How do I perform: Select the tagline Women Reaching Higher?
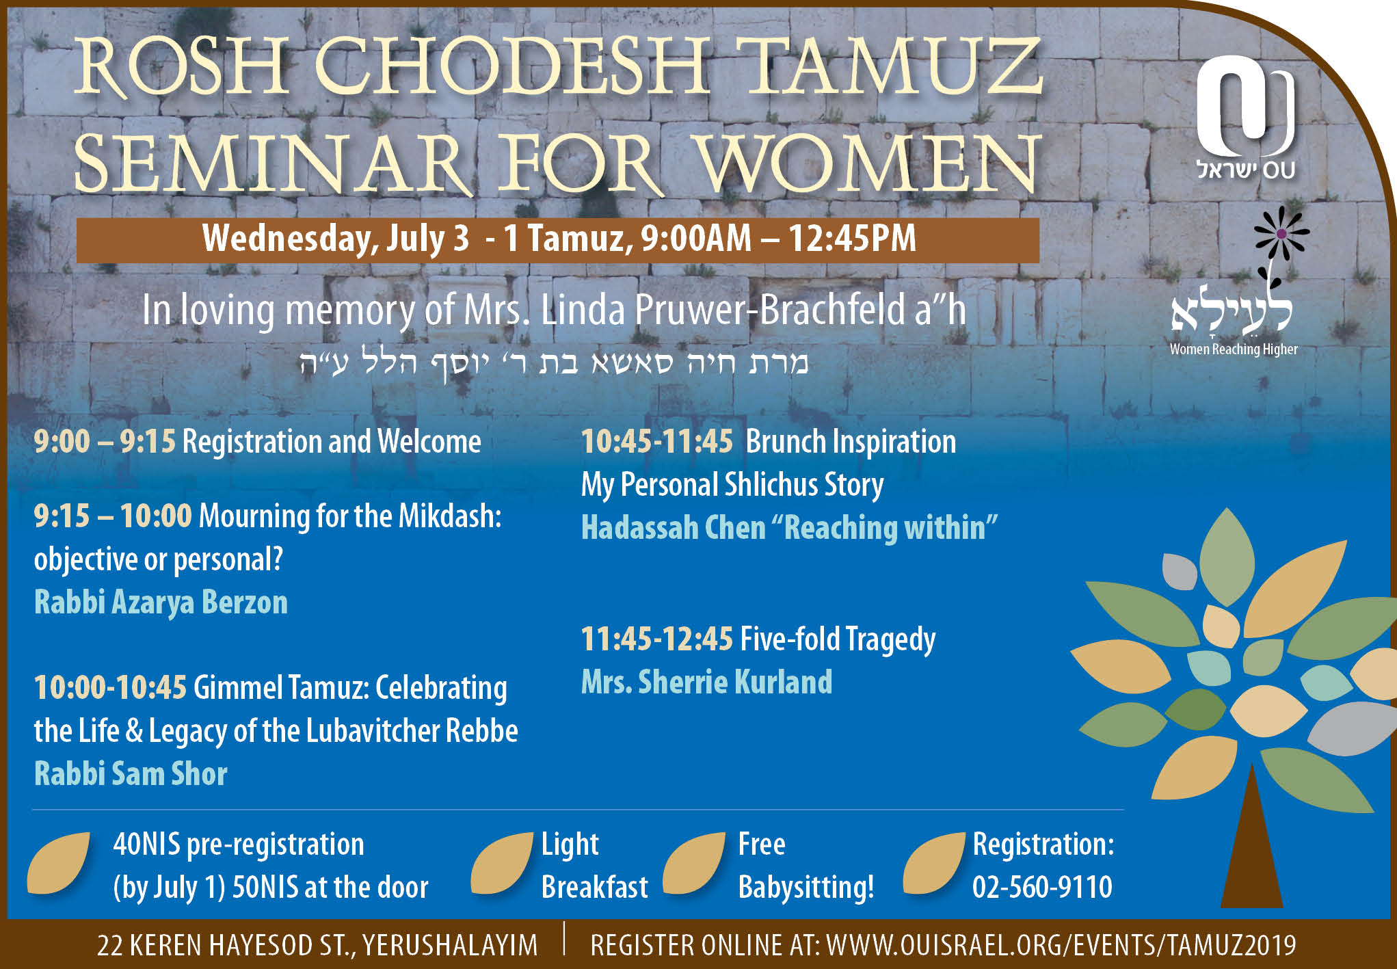[x=1234, y=349]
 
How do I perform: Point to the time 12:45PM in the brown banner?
[x=852, y=238]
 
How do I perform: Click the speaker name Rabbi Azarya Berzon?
[x=161, y=602]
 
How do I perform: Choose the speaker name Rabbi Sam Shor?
[x=131, y=773]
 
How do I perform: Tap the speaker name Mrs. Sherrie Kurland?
[x=706, y=682]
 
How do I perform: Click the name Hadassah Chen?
[x=673, y=528]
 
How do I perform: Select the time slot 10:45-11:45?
[x=657, y=441]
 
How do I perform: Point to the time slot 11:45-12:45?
[x=657, y=639]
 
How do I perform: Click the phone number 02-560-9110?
[x=1042, y=887]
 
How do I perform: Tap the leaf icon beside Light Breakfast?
[x=502, y=863]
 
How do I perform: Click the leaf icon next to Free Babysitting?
[x=694, y=863]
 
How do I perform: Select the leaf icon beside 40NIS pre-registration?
[x=59, y=863]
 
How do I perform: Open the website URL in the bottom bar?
[x=1061, y=945]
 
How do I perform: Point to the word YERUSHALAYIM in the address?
[x=450, y=946]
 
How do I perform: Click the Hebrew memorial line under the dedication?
[x=554, y=362]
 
